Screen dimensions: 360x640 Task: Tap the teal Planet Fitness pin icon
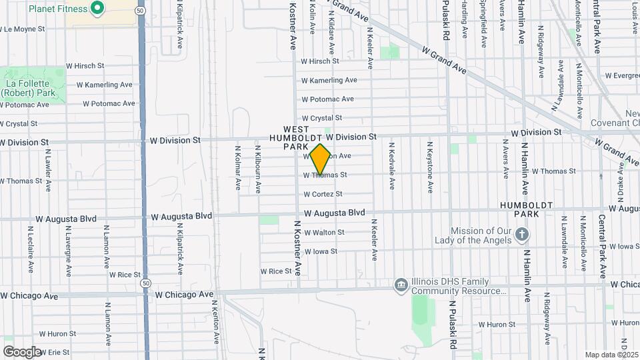tap(97, 9)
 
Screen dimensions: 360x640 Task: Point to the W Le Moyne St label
tap(23, 29)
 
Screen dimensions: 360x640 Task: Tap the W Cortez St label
tap(323, 194)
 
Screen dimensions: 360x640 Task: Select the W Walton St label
tap(323, 232)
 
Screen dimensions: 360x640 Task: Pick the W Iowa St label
tap(321, 251)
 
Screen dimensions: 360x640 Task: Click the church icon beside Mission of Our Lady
tap(523, 234)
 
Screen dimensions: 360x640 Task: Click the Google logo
tap(21, 352)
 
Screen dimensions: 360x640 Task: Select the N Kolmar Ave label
tap(237, 168)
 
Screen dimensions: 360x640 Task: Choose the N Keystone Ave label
tap(430, 165)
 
